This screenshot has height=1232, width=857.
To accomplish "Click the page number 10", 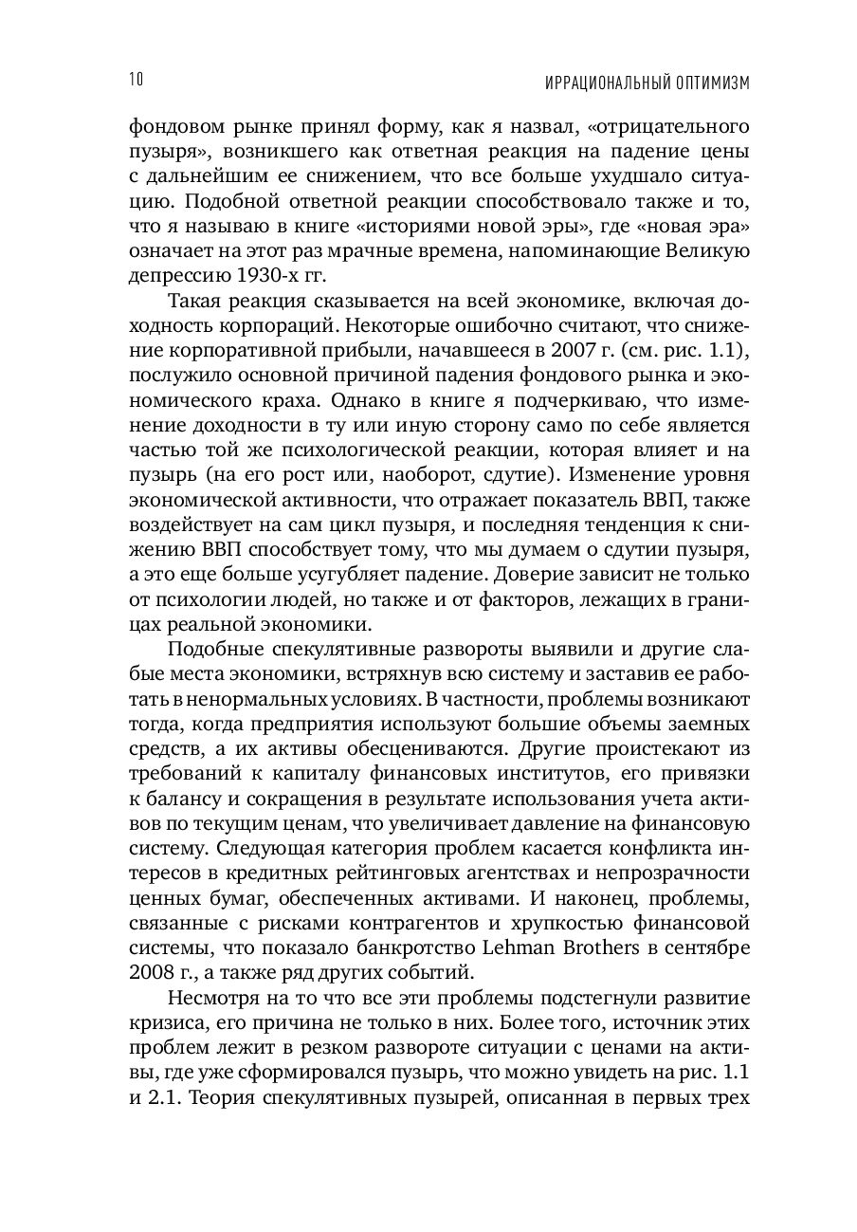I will tap(134, 80).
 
